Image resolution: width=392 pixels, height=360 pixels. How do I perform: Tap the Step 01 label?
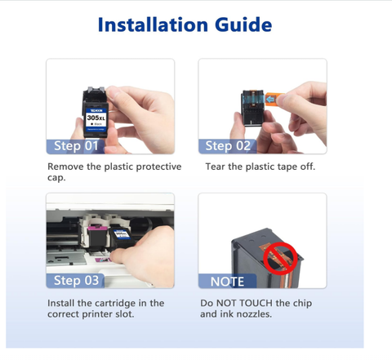coord(78,146)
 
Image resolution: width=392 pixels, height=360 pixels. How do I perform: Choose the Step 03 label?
coord(78,281)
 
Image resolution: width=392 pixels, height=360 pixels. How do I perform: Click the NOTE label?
coord(227,281)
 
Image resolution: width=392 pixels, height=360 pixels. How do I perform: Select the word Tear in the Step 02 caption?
coord(215,167)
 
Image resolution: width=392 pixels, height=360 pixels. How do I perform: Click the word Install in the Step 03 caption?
coord(65,303)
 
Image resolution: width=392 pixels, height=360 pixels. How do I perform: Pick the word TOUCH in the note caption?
coord(269,303)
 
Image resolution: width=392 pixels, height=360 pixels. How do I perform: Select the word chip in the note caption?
coord(312,303)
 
